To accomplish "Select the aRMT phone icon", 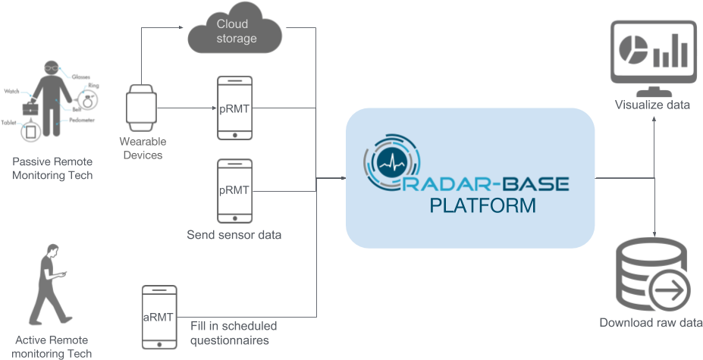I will coord(159,317).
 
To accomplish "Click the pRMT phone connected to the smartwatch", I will coord(234,108).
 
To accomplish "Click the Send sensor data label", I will coord(234,235).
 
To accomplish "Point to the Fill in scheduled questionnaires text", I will coord(234,333).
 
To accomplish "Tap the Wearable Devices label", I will coord(143,149).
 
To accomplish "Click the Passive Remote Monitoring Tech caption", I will coord(52,169).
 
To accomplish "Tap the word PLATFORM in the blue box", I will coord(482,205).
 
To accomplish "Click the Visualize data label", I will coord(652,105).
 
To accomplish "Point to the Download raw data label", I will coord(650,322).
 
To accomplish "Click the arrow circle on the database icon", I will coord(670,290).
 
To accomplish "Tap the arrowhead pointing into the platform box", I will coord(343,179).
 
